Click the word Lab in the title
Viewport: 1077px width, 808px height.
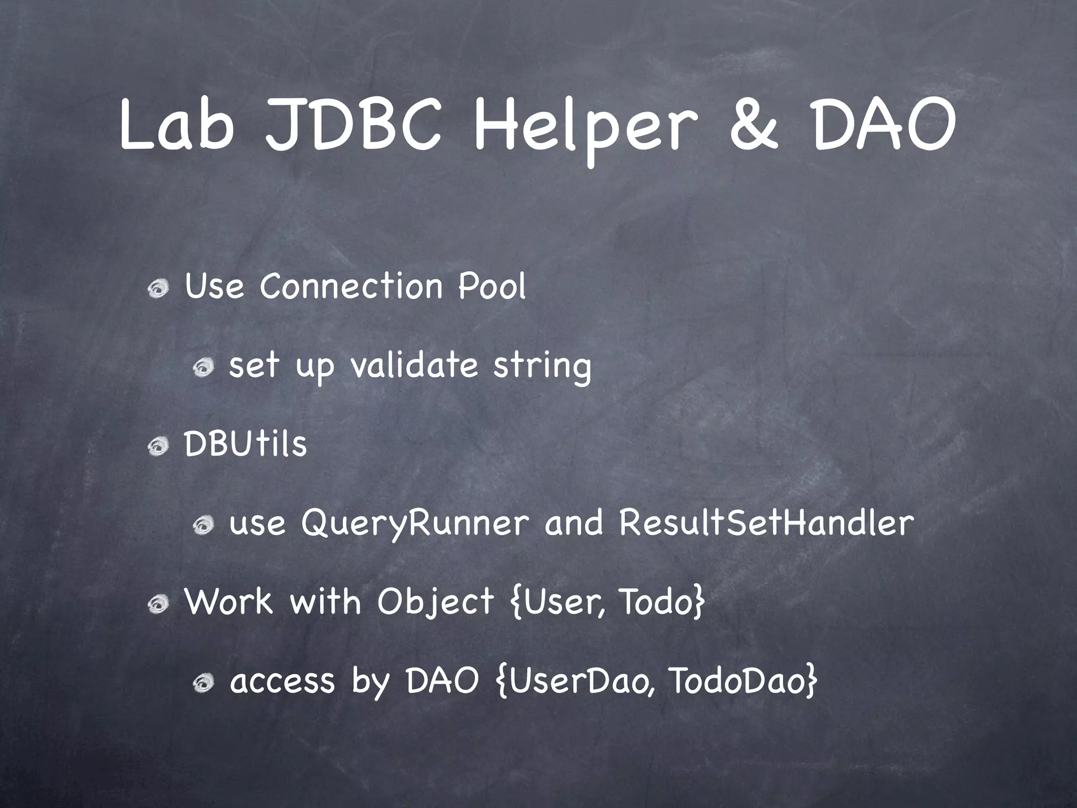click(x=177, y=126)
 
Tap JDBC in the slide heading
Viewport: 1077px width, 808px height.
click(x=353, y=126)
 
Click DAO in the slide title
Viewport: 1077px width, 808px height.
click(x=883, y=126)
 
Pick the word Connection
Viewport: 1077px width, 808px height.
click(x=351, y=287)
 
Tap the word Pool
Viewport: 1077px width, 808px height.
click(x=492, y=287)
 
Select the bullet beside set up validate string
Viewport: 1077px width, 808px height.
click(x=202, y=367)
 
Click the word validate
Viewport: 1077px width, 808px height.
click(x=414, y=365)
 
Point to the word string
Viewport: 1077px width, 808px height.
click(x=542, y=367)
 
